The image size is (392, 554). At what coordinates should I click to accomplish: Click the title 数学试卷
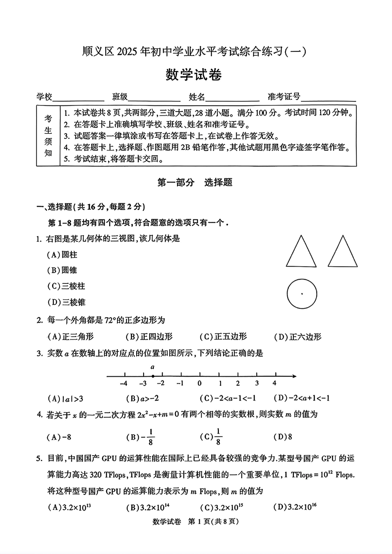point(194,75)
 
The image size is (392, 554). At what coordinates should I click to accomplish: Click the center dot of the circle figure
point(302,294)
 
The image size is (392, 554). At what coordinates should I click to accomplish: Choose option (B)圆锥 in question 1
point(62,270)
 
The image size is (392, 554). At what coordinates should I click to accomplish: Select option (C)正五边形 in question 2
point(223,337)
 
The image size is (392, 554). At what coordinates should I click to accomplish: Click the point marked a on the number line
point(153,376)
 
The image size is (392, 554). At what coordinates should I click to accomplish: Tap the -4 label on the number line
point(123,383)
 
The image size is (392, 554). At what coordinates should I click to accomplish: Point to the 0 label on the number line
point(200,383)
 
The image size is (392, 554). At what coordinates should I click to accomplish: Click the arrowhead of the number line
point(294,376)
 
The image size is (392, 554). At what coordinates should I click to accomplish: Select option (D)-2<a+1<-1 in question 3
point(301,398)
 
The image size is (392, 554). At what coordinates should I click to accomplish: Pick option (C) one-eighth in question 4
point(211,437)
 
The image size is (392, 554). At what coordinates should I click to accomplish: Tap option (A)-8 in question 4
point(59,437)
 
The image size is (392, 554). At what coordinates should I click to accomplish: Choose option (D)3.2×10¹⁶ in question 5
point(295,507)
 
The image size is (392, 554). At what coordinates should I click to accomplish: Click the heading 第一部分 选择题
point(195,183)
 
